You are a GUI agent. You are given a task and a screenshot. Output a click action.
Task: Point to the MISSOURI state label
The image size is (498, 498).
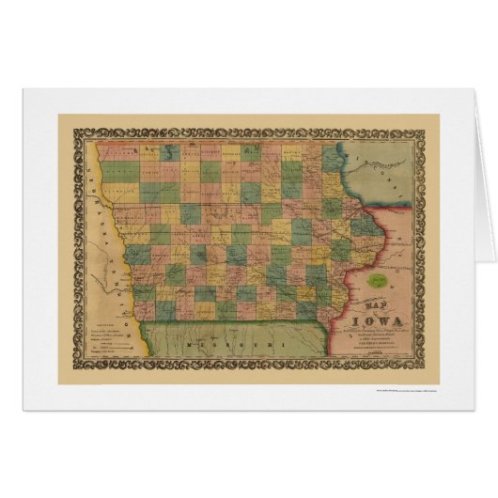(226, 349)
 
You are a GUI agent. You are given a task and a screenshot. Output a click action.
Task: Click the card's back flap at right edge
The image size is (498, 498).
(484, 188)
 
